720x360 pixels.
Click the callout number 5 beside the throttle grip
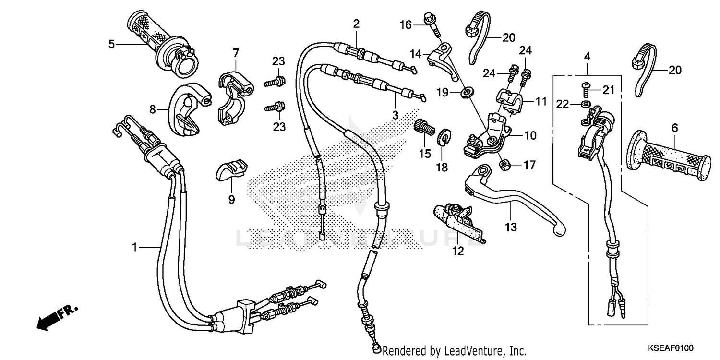pos(111,44)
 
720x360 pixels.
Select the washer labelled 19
pos(465,92)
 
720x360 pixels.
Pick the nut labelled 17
pos(504,166)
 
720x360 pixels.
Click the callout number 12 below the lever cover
pos(458,250)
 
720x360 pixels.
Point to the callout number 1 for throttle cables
pos(135,247)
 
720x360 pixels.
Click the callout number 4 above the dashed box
pos(587,57)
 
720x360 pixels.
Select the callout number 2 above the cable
pos(356,23)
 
